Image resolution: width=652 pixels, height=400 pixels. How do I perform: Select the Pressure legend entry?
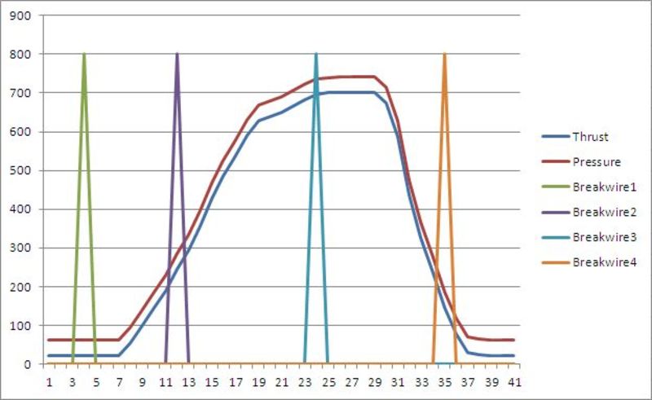(x=595, y=162)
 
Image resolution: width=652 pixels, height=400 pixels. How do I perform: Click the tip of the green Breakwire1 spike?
(x=84, y=55)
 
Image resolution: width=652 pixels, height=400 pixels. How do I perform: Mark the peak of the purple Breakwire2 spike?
(x=177, y=55)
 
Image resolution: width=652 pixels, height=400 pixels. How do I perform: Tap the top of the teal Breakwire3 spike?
(x=316, y=55)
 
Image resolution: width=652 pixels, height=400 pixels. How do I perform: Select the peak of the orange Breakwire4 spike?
(x=444, y=55)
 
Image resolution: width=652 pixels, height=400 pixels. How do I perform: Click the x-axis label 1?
(x=49, y=381)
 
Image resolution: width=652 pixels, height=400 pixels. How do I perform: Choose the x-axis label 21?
(x=281, y=381)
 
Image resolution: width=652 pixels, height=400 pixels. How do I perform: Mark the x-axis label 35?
(x=444, y=381)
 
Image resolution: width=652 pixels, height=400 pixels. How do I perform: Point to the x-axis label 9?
(x=142, y=381)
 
